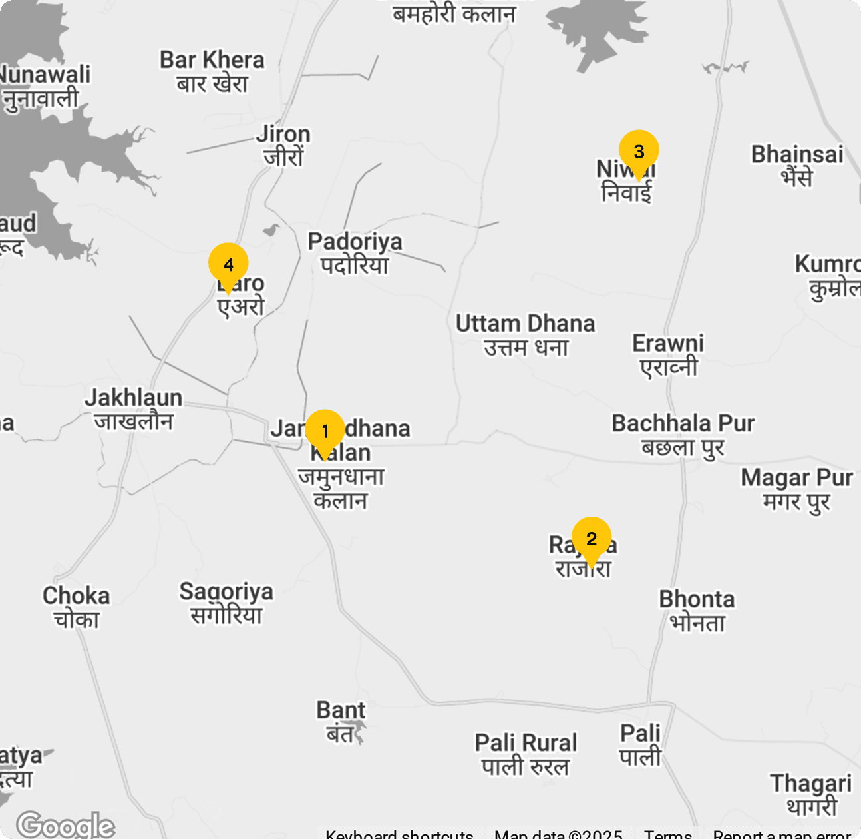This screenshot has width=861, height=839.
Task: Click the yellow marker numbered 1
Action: tap(325, 431)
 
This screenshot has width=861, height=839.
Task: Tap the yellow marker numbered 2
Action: tap(591, 539)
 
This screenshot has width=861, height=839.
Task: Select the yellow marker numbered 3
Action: tap(639, 151)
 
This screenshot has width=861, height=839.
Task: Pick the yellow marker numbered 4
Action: tap(228, 264)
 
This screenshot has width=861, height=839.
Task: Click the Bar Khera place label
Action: tap(212, 71)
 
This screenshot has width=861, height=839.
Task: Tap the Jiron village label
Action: tap(283, 145)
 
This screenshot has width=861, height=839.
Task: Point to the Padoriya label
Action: tap(355, 253)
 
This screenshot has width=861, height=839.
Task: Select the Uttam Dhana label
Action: tap(525, 335)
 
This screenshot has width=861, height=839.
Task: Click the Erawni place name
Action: tap(668, 355)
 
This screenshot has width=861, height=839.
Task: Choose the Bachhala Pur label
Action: tap(683, 435)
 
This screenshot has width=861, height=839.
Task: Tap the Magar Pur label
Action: tap(796, 489)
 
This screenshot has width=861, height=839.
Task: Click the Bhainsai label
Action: tap(797, 166)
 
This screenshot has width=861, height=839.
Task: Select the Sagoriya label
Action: tap(226, 603)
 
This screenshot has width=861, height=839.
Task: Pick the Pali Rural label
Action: tap(526, 754)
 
